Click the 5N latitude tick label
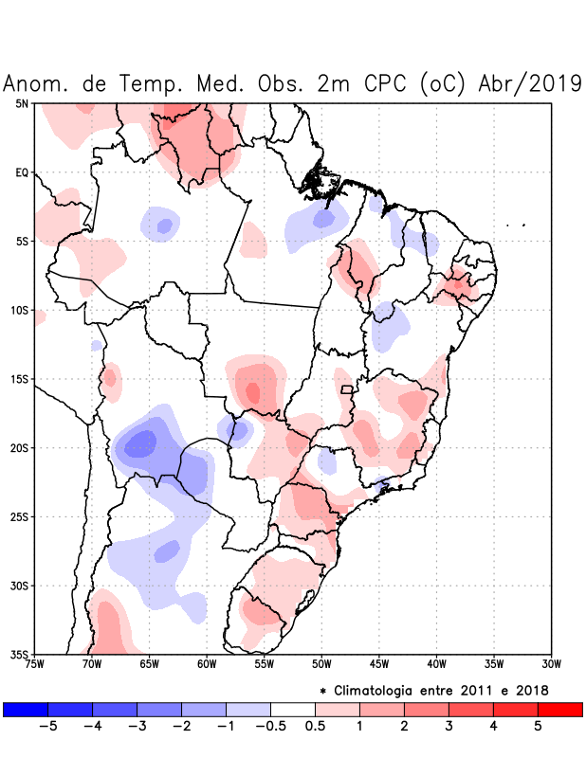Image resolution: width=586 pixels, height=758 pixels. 21,103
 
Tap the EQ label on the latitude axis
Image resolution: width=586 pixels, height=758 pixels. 21,172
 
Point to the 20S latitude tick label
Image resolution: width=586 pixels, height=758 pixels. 18,448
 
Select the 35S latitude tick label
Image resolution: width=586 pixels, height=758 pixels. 18,655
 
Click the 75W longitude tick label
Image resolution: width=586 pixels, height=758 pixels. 34,663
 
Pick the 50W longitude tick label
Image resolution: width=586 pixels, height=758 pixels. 321,663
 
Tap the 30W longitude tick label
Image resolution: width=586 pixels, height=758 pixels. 552,663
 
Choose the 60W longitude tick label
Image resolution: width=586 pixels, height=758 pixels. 207,663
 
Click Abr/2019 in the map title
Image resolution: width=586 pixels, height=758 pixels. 532,83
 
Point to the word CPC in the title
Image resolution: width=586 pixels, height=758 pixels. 383,83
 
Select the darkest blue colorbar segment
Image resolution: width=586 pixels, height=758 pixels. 26,710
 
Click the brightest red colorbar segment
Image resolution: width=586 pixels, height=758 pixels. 559,710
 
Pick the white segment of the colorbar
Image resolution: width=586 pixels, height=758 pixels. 293,710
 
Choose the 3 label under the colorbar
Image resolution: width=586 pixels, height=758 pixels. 449,728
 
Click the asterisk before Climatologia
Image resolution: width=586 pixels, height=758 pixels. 323,690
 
